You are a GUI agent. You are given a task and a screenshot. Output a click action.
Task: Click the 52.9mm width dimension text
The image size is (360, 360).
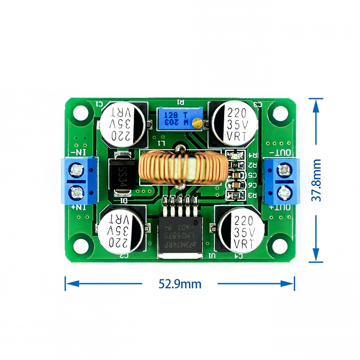click(x=180, y=284)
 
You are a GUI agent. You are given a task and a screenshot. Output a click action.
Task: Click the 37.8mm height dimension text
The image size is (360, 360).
click(x=318, y=180)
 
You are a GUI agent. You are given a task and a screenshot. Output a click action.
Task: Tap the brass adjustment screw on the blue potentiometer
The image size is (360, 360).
click(x=197, y=121)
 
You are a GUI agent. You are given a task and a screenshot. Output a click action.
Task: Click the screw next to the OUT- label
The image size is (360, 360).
click(x=284, y=170)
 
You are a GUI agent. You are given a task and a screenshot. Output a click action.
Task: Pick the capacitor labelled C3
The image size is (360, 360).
click(x=235, y=124)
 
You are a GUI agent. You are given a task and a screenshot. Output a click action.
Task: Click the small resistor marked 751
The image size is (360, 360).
click(x=235, y=165)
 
